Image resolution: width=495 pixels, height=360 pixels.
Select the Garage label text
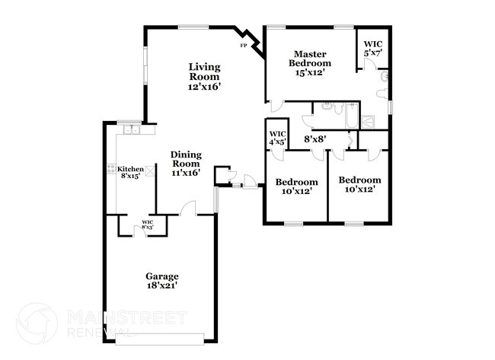point(162,276)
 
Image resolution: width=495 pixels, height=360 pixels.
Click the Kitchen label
point(130,169)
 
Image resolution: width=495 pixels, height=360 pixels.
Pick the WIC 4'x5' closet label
point(276,139)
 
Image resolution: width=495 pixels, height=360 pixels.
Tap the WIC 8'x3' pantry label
point(148,225)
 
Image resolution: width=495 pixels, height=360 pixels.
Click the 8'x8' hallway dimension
point(316,139)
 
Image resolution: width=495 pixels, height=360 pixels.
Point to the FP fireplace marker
point(244,46)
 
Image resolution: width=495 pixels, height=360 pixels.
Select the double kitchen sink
point(130,129)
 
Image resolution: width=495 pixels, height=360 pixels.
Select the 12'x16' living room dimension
point(205,87)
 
